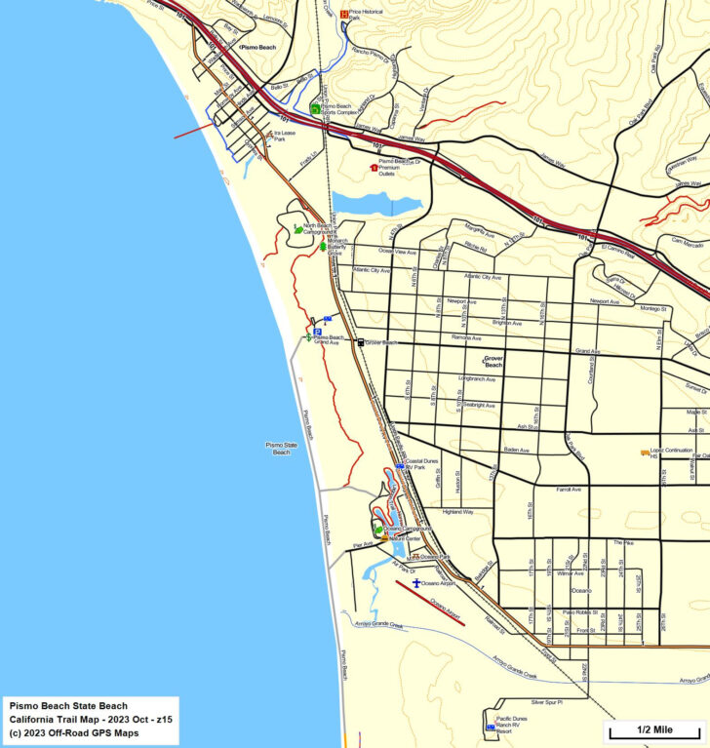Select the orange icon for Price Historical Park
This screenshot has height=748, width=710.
click(343, 14)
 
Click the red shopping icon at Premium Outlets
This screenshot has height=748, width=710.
click(373, 168)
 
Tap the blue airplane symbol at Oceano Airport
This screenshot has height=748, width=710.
click(416, 582)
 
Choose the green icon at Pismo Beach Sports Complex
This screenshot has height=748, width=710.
click(315, 108)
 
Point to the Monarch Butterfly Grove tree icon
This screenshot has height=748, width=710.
click(323, 248)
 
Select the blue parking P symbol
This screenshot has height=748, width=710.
click(328, 319)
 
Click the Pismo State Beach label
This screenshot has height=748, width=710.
click(281, 448)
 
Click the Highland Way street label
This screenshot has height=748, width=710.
click(456, 511)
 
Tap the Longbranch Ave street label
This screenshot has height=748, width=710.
click(477, 378)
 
